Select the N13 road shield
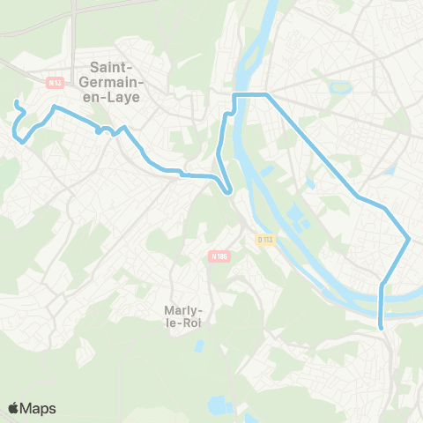pos(55,83)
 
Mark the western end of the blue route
pos(16,104)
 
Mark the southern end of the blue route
pos(382,328)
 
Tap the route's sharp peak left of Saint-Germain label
pos(55,108)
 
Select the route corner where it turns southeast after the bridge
pos(267,93)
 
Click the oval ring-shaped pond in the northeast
pos(336,88)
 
